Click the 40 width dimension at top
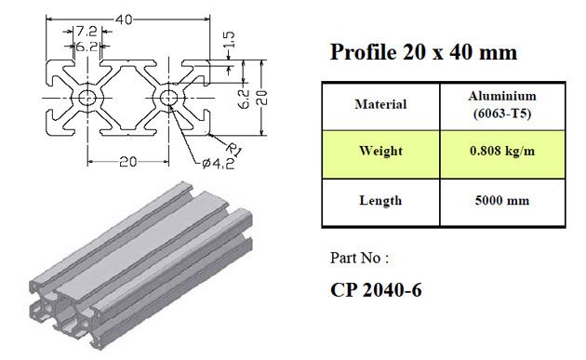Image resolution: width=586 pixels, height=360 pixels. click(124, 20)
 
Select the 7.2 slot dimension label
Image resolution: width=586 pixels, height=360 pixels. click(87, 32)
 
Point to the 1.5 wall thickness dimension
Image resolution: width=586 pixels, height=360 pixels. click(230, 40)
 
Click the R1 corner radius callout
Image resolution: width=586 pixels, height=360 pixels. click(234, 149)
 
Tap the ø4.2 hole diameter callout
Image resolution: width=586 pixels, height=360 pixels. click(219, 164)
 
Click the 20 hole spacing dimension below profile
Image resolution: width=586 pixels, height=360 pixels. click(127, 162)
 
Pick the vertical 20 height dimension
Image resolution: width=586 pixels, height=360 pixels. click(262, 98)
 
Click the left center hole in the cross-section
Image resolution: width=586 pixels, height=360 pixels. click(87, 98)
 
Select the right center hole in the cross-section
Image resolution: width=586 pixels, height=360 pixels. click(168, 98)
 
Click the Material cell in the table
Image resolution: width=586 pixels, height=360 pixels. click(380, 104)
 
